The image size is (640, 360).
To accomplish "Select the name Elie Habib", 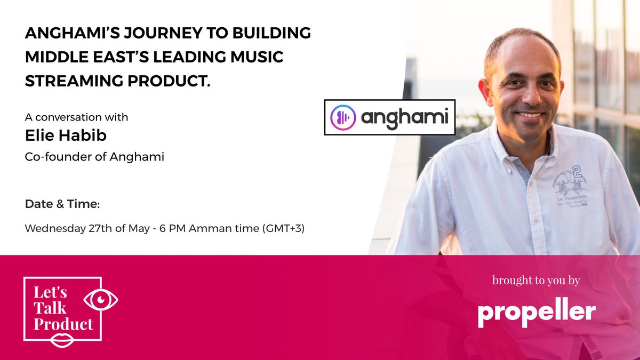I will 66,135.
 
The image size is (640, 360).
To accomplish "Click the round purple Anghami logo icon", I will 343,117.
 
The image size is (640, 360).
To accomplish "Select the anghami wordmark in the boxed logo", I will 404,117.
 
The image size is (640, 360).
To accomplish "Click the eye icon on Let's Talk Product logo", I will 101,300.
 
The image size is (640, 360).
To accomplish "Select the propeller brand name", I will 536,312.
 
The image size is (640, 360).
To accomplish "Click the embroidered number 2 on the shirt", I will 575,171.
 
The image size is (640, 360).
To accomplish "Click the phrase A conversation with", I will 76,116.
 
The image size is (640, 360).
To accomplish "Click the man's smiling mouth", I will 529,115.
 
